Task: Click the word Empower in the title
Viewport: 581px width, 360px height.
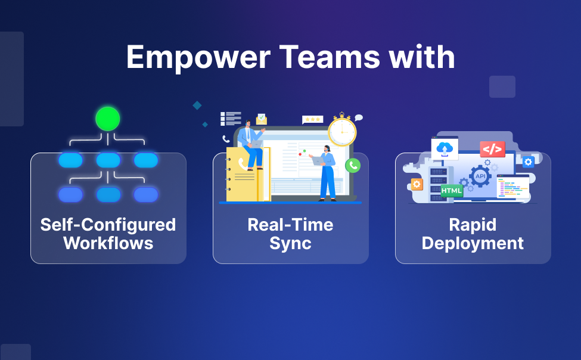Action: pyautogui.click(x=198, y=57)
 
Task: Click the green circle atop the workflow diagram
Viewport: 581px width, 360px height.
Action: pyautogui.click(x=108, y=119)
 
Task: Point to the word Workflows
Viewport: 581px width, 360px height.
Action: pyautogui.click(x=108, y=243)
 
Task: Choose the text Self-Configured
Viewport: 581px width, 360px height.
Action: pyautogui.click(x=108, y=225)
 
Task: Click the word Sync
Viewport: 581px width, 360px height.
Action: pyautogui.click(x=291, y=244)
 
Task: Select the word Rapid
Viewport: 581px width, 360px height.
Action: pyautogui.click(x=473, y=225)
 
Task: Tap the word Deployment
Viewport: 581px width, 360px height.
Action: pyautogui.click(x=473, y=244)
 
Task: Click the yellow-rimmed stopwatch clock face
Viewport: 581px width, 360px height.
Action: pyautogui.click(x=342, y=132)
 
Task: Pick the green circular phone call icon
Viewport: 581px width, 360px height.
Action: pyautogui.click(x=353, y=165)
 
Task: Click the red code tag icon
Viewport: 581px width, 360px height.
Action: pyautogui.click(x=492, y=149)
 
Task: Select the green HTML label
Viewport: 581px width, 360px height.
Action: pyautogui.click(x=452, y=191)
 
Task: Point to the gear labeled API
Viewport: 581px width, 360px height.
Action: pyautogui.click(x=480, y=176)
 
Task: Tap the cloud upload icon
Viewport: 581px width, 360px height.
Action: pyautogui.click(x=445, y=148)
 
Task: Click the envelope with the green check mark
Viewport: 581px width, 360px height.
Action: pyautogui.click(x=262, y=119)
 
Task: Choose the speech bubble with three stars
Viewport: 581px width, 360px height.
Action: pyautogui.click(x=312, y=120)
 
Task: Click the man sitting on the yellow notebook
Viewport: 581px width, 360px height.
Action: pyautogui.click(x=251, y=145)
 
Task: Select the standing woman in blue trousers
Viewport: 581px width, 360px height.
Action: pyautogui.click(x=325, y=173)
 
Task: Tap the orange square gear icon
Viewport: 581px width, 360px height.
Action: pyautogui.click(x=417, y=184)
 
